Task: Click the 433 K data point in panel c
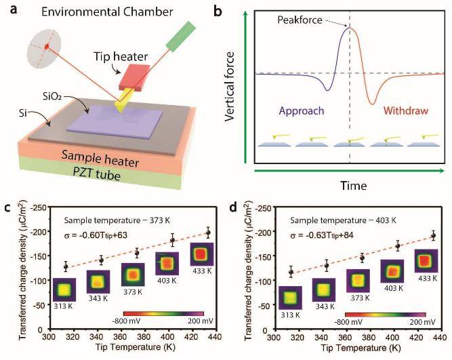[208, 233]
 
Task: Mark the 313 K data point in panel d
[291, 272]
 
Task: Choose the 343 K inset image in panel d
[323, 289]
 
